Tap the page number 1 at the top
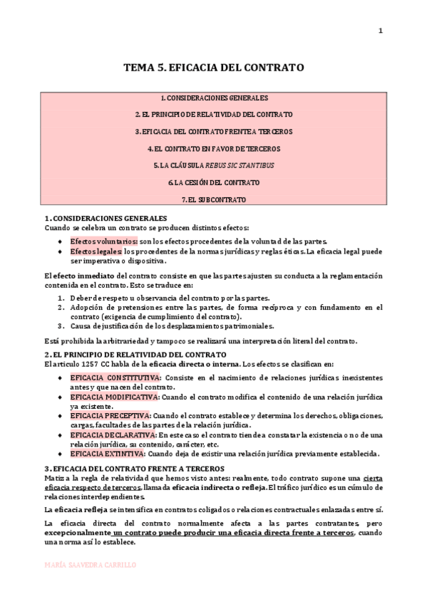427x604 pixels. point(380,30)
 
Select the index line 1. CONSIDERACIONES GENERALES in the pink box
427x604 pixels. point(214,98)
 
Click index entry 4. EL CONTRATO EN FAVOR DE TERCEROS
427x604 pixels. point(214,149)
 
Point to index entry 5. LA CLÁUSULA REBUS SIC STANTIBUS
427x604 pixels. point(214,165)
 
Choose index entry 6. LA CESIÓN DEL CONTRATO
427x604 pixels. point(214,182)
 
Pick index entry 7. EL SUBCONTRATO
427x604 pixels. point(214,199)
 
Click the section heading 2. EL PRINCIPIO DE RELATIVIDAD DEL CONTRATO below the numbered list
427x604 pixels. point(135,354)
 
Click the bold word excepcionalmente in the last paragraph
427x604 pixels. point(77,533)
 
